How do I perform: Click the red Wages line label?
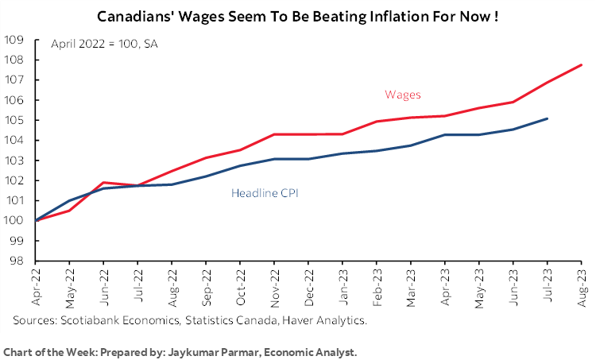pyautogui.click(x=402, y=95)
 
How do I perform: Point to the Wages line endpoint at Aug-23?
pyautogui.click(x=582, y=65)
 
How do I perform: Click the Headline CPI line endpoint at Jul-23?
pyautogui.click(x=548, y=118)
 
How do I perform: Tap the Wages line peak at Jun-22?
pyautogui.click(x=105, y=183)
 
